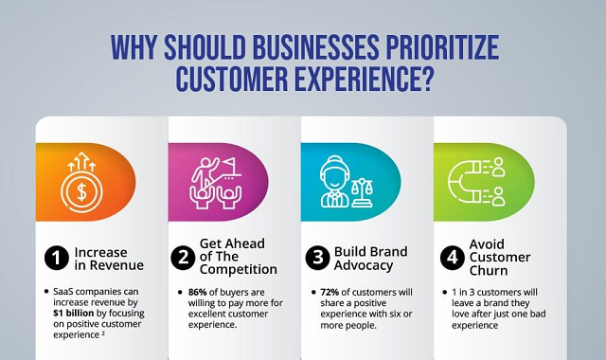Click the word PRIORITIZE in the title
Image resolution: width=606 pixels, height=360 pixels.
coord(441,47)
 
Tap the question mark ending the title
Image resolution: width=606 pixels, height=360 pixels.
coord(424,79)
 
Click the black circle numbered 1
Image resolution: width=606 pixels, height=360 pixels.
coord(57,258)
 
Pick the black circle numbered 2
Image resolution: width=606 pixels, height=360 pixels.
coord(183,258)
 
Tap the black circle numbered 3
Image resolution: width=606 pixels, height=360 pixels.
coord(318,258)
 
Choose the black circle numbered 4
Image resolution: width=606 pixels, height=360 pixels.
coord(453,258)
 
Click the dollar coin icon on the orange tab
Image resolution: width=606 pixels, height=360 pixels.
coord(81,191)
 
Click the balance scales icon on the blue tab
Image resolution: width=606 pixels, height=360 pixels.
coord(362,192)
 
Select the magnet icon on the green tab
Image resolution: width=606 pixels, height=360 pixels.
coord(464,183)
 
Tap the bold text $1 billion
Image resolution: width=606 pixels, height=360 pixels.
coord(74,313)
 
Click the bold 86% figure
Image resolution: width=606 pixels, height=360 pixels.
coord(198,292)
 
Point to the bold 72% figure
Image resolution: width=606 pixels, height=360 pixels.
coord(330,292)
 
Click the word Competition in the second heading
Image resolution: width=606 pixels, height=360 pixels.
coord(238,269)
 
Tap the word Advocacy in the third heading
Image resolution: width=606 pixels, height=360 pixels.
coord(364,265)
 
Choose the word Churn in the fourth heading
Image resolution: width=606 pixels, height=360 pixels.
coord(489,271)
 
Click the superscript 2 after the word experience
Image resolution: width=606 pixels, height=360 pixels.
coord(103,333)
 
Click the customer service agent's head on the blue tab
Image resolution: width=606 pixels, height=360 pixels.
coord(334,173)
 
